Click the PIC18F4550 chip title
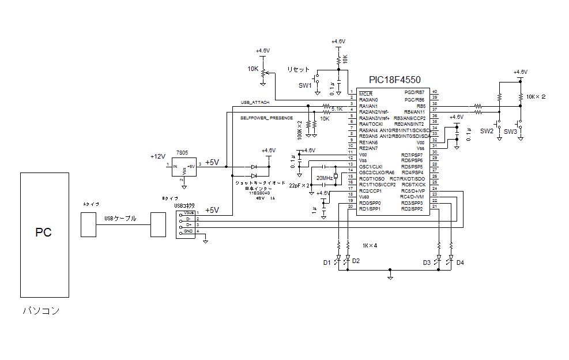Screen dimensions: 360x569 point(395,80)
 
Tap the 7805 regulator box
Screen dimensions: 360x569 point(183,166)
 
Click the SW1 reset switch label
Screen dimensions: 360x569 point(305,85)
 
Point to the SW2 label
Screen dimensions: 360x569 point(487,132)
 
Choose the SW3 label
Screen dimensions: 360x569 point(511,132)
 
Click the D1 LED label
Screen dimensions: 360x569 point(327,262)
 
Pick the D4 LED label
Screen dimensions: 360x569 point(460,263)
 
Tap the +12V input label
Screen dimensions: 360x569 point(157,156)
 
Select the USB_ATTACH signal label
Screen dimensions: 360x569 point(255,103)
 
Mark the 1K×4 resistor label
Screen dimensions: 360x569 point(370,245)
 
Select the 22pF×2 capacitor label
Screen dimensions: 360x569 point(299,186)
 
